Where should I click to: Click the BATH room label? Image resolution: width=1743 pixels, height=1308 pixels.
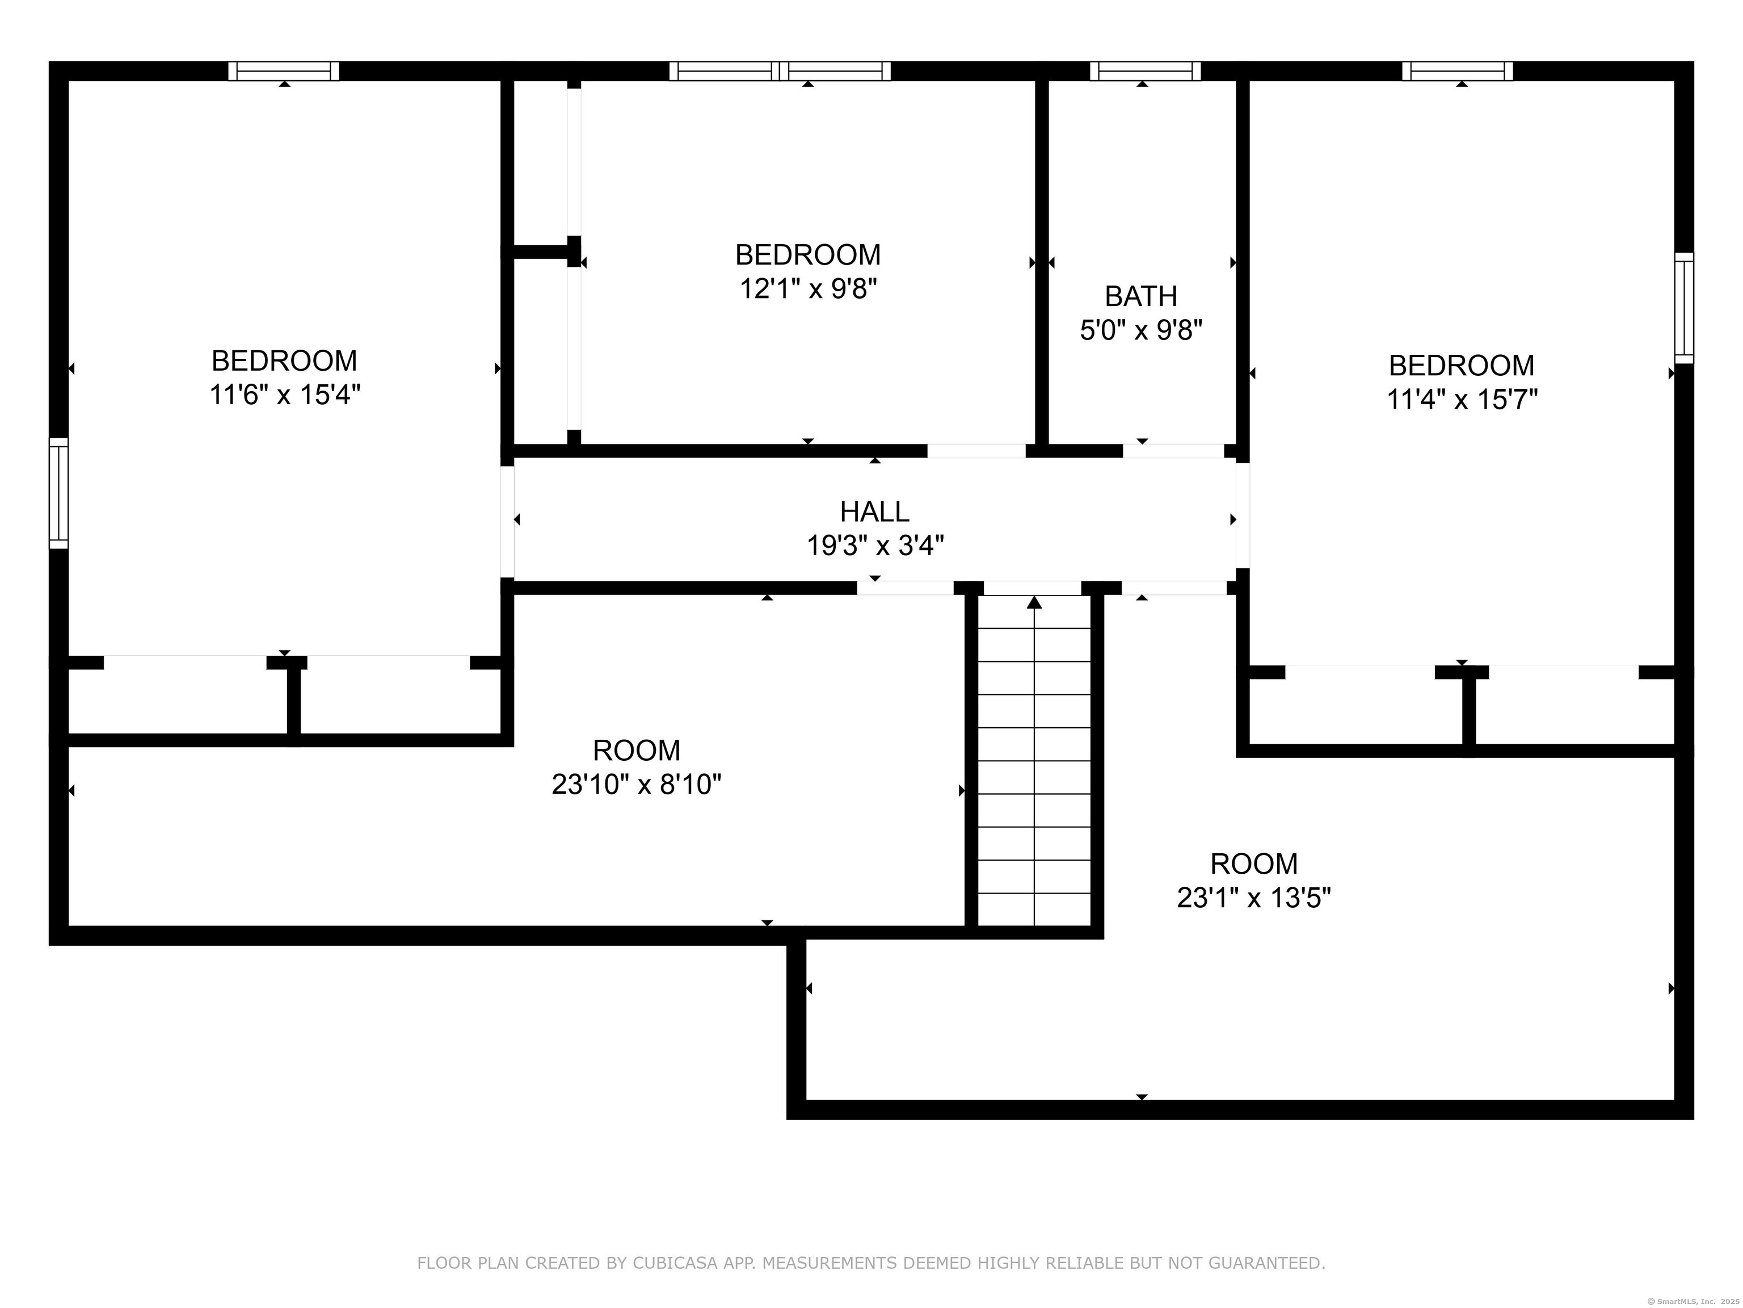point(1141,296)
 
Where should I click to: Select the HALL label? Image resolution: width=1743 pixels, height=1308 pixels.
point(874,512)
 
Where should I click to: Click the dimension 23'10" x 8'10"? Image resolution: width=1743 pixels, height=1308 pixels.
point(636,785)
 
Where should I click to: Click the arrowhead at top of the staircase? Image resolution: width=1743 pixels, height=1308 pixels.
point(1034,603)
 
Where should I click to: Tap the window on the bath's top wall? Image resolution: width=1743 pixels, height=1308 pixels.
point(1146,71)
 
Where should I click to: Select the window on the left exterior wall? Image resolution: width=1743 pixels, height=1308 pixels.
point(58,493)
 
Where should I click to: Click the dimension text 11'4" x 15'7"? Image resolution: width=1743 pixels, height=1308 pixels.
point(1462,400)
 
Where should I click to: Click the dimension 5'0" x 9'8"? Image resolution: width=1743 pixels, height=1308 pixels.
point(1141,330)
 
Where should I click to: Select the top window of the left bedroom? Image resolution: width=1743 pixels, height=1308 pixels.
point(284,71)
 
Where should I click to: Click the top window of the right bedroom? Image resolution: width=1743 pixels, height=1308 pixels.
point(1458,71)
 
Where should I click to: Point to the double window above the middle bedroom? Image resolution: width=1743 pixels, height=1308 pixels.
point(780,71)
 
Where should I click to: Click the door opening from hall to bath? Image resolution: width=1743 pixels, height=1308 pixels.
point(1173,451)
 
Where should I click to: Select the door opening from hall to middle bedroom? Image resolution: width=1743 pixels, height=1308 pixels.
point(976,451)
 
